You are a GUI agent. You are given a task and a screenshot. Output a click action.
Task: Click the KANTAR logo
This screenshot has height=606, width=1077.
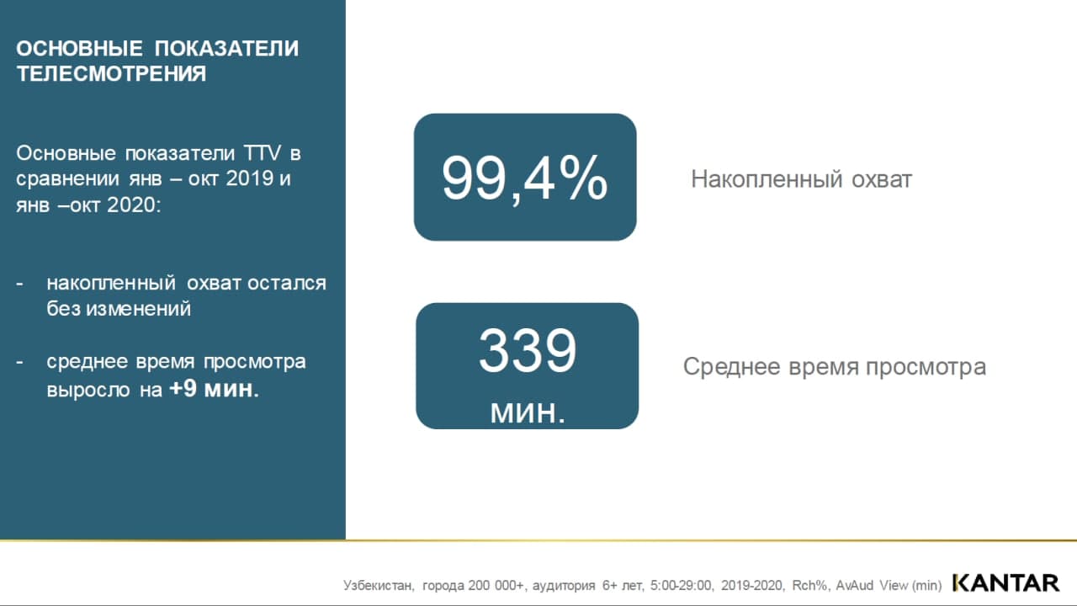(x=1005, y=583)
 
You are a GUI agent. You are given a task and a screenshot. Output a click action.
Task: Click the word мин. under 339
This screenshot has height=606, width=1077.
(x=528, y=412)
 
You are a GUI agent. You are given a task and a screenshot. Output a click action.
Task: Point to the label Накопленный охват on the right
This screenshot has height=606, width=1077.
(x=802, y=179)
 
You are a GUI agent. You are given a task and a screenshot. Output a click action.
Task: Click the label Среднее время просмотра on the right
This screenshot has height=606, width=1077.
(x=835, y=367)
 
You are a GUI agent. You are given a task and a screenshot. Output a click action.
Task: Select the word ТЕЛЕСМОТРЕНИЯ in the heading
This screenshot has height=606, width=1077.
(x=111, y=74)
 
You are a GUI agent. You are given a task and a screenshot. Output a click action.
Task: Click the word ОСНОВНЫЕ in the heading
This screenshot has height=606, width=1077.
(x=79, y=49)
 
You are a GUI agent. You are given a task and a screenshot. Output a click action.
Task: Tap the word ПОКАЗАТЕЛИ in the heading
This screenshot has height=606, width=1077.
(x=226, y=49)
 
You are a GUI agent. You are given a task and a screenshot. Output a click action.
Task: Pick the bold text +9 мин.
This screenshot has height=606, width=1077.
(x=215, y=389)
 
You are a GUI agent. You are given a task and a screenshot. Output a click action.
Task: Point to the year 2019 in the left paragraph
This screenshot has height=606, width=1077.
(x=250, y=178)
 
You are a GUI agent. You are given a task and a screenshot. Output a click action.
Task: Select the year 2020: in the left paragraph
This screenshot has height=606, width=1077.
(x=134, y=205)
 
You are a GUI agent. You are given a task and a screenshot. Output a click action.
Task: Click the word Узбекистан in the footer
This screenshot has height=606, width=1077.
(x=379, y=585)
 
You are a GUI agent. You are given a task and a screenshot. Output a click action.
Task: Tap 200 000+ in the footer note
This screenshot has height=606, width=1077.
(x=496, y=585)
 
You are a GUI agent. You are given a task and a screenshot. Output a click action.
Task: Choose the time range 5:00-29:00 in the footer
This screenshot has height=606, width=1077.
(x=681, y=585)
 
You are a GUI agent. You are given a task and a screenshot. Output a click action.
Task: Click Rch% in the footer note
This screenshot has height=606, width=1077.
(x=809, y=585)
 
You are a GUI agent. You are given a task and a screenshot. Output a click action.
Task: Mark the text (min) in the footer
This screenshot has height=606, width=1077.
(x=926, y=586)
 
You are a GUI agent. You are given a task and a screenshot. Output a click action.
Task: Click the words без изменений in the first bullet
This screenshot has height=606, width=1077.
(x=119, y=309)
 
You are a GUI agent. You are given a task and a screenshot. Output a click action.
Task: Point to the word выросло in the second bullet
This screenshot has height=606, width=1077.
(x=88, y=390)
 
